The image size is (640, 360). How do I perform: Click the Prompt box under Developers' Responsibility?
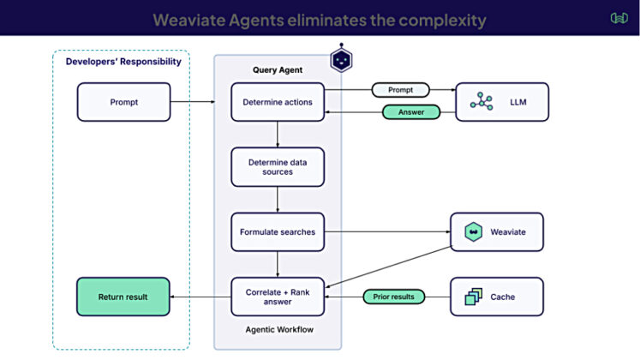(x=123, y=102)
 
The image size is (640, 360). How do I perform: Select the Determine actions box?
(x=278, y=102)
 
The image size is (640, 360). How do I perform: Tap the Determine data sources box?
(x=278, y=166)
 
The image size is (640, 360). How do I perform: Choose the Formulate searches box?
(x=278, y=231)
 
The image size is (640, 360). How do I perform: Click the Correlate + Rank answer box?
(x=278, y=297)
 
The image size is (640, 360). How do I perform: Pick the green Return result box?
(x=123, y=297)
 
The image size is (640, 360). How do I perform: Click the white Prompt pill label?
(x=400, y=89)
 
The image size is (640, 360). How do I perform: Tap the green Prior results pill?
(x=393, y=297)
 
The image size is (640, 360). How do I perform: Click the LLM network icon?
(x=481, y=102)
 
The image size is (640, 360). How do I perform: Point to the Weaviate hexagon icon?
(x=473, y=231)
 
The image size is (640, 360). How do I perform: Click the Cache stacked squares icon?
(x=473, y=297)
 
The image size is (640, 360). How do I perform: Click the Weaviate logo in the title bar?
(x=619, y=18)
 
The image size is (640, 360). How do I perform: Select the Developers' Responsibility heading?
(x=123, y=62)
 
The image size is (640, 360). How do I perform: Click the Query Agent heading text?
(x=277, y=69)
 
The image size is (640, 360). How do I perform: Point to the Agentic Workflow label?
(x=277, y=331)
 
